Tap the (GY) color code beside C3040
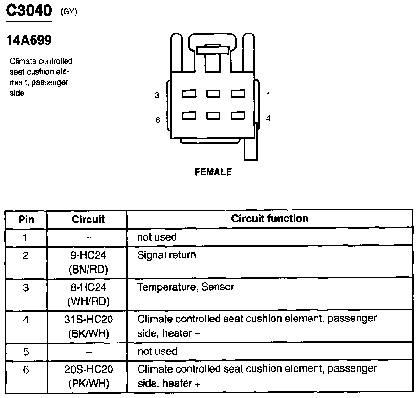tap(69, 12)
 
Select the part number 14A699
tap(29, 41)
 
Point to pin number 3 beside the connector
tap(157, 95)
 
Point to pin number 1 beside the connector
tap(268, 95)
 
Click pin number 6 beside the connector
tap(157, 120)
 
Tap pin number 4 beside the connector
tap(268, 118)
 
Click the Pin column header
tap(26, 220)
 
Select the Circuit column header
tap(88, 220)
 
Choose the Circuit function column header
tap(270, 219)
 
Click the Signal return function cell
tap(166, 255)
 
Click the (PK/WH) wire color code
tap(88, 383)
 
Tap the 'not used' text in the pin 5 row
tap(157, 351)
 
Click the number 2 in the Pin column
tap(26, 255)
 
